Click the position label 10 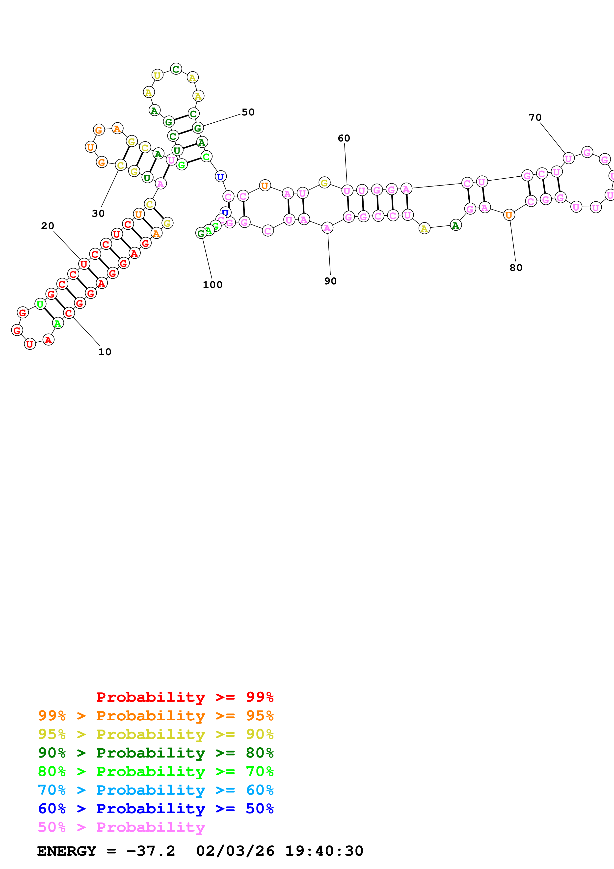[x=105, y=352]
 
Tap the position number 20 [x=48, y=226]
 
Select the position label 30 [x=98, y=214]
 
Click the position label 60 [x=344, y=138]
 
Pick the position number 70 [x=535, y=117]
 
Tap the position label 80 [x=516, y=268]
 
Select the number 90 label [x=330, y=281]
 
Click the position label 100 [x=213, y=285]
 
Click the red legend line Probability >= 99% [x=185, y=697]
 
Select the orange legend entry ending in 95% [x=156, y=716]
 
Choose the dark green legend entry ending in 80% [x=156, y=753]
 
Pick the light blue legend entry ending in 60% [x=156, y=790]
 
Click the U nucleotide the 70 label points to [x=568, y=158]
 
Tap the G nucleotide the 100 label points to [x=201, y=233]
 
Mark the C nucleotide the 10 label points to [x=68, y=313]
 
